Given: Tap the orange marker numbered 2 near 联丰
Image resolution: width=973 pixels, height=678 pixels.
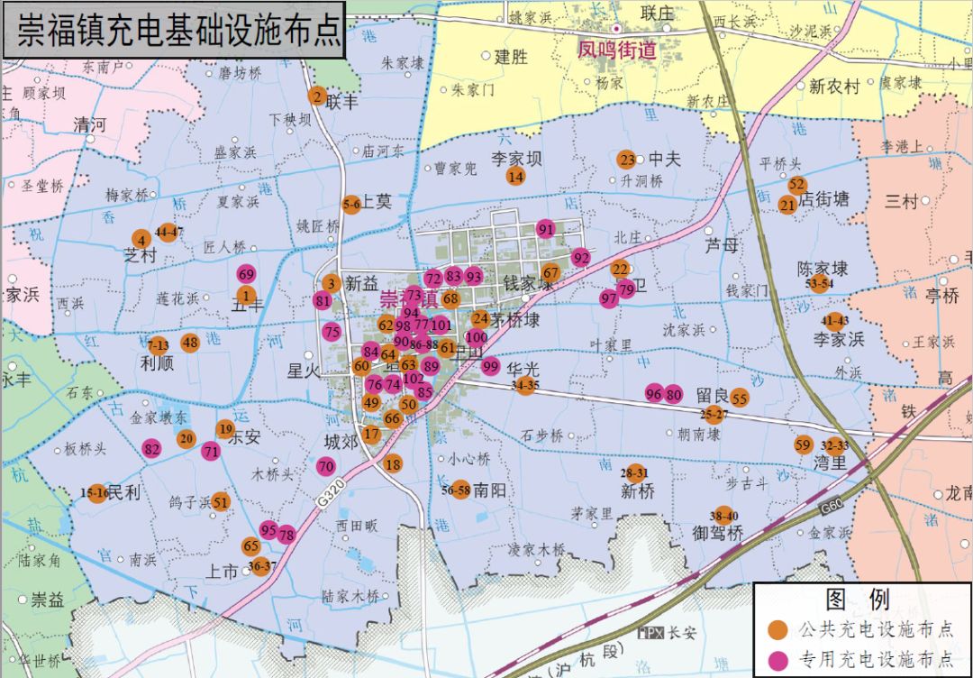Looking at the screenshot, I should pyautogui.click(x=316, y=96).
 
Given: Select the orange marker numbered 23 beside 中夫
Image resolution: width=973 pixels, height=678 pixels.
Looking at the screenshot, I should pyautogui.click(x=627, y=160).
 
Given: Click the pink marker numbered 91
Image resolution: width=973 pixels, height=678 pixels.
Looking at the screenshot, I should pyautogui.click(x=545, y=229).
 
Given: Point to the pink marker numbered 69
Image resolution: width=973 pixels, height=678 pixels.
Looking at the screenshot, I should pyautogui.click(x=246, y=274).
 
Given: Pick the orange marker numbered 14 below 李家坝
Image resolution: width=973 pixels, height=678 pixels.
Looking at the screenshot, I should pyautogui.click(x=515, y=176).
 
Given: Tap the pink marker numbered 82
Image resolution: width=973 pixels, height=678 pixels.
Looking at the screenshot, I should pyautogui.click(x=151, y=449).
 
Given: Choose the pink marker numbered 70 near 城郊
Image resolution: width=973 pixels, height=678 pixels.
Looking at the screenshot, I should pyautogui.click(x=326, y=466).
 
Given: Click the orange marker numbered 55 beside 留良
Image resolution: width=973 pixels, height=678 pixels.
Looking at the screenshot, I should pyautogui.click(x=740, y=398).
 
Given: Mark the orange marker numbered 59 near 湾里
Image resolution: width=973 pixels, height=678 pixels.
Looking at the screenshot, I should pyautogui.click(x=803, y=444).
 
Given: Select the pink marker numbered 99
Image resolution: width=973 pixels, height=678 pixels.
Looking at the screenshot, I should pyautogui.click(x=490, y=366).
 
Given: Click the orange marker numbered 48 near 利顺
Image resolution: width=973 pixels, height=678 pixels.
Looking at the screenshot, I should pyautogui.click(x=189, y=343).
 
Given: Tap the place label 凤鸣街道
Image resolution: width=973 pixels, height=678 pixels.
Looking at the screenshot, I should pyautogui.click(x=617, y=50).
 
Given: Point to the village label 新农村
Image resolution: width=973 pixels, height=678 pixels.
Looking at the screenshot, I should pyautogui.click(x=834, y=87).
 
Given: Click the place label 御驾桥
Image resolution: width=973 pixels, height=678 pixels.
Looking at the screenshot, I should pyautogui.click(x=717, y=533).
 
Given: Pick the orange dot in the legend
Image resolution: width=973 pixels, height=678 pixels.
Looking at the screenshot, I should pyautogui.click(x=776, y=629).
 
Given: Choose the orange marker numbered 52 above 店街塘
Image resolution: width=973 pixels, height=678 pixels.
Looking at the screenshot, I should pyautogui.click(x=796, y=185).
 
